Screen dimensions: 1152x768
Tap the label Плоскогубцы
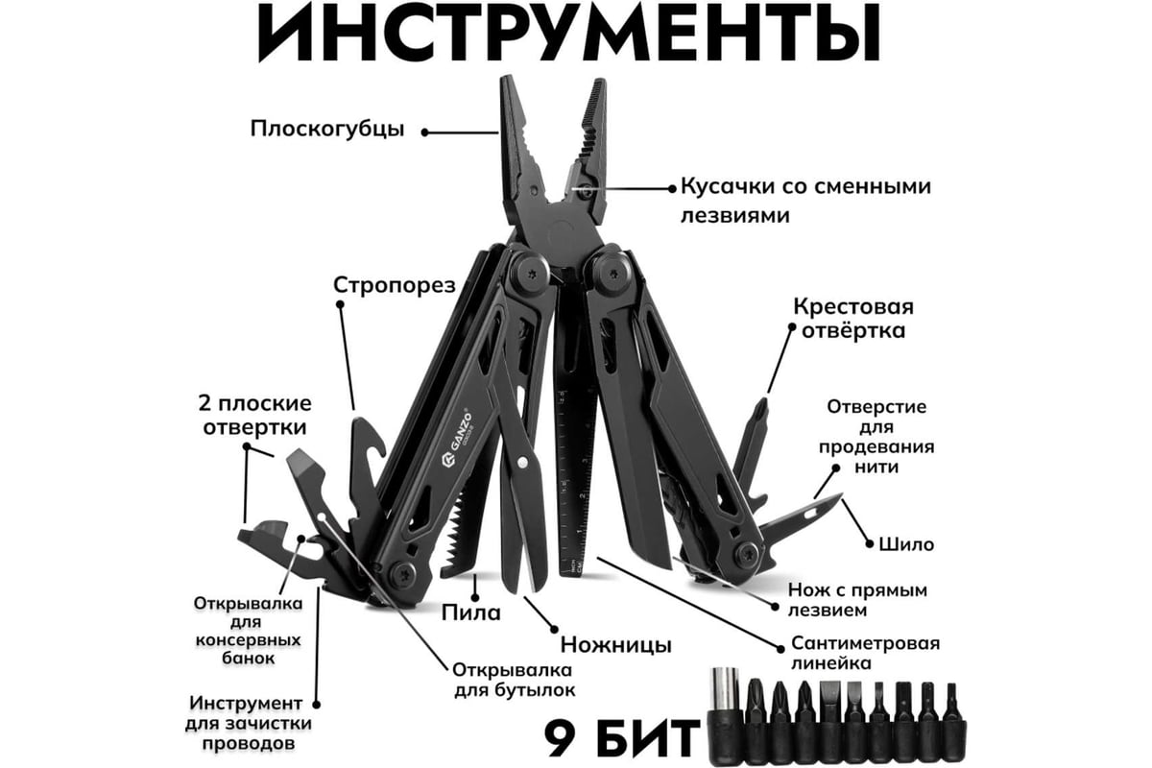click(x=327, y=129)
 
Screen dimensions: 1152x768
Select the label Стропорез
click(x=395, y=285)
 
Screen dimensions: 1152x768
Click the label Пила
click(x=471, y=613)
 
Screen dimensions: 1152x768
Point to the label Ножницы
click(x=615, y=644)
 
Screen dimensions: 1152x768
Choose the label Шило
click(x=906, y=544)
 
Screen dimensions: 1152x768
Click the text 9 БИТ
click(x=622, y=737)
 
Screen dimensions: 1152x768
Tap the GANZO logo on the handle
click(x=457, y=438)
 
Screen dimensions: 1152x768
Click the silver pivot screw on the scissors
click(x=523, y=463)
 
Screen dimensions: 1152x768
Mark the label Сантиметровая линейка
click(x=865, y=653)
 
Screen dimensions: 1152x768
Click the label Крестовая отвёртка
click(x=853, y=319)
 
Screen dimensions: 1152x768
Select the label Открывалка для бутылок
click(x=514, y=680)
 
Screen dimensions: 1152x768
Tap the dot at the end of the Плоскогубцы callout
click(x=424, y=132)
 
